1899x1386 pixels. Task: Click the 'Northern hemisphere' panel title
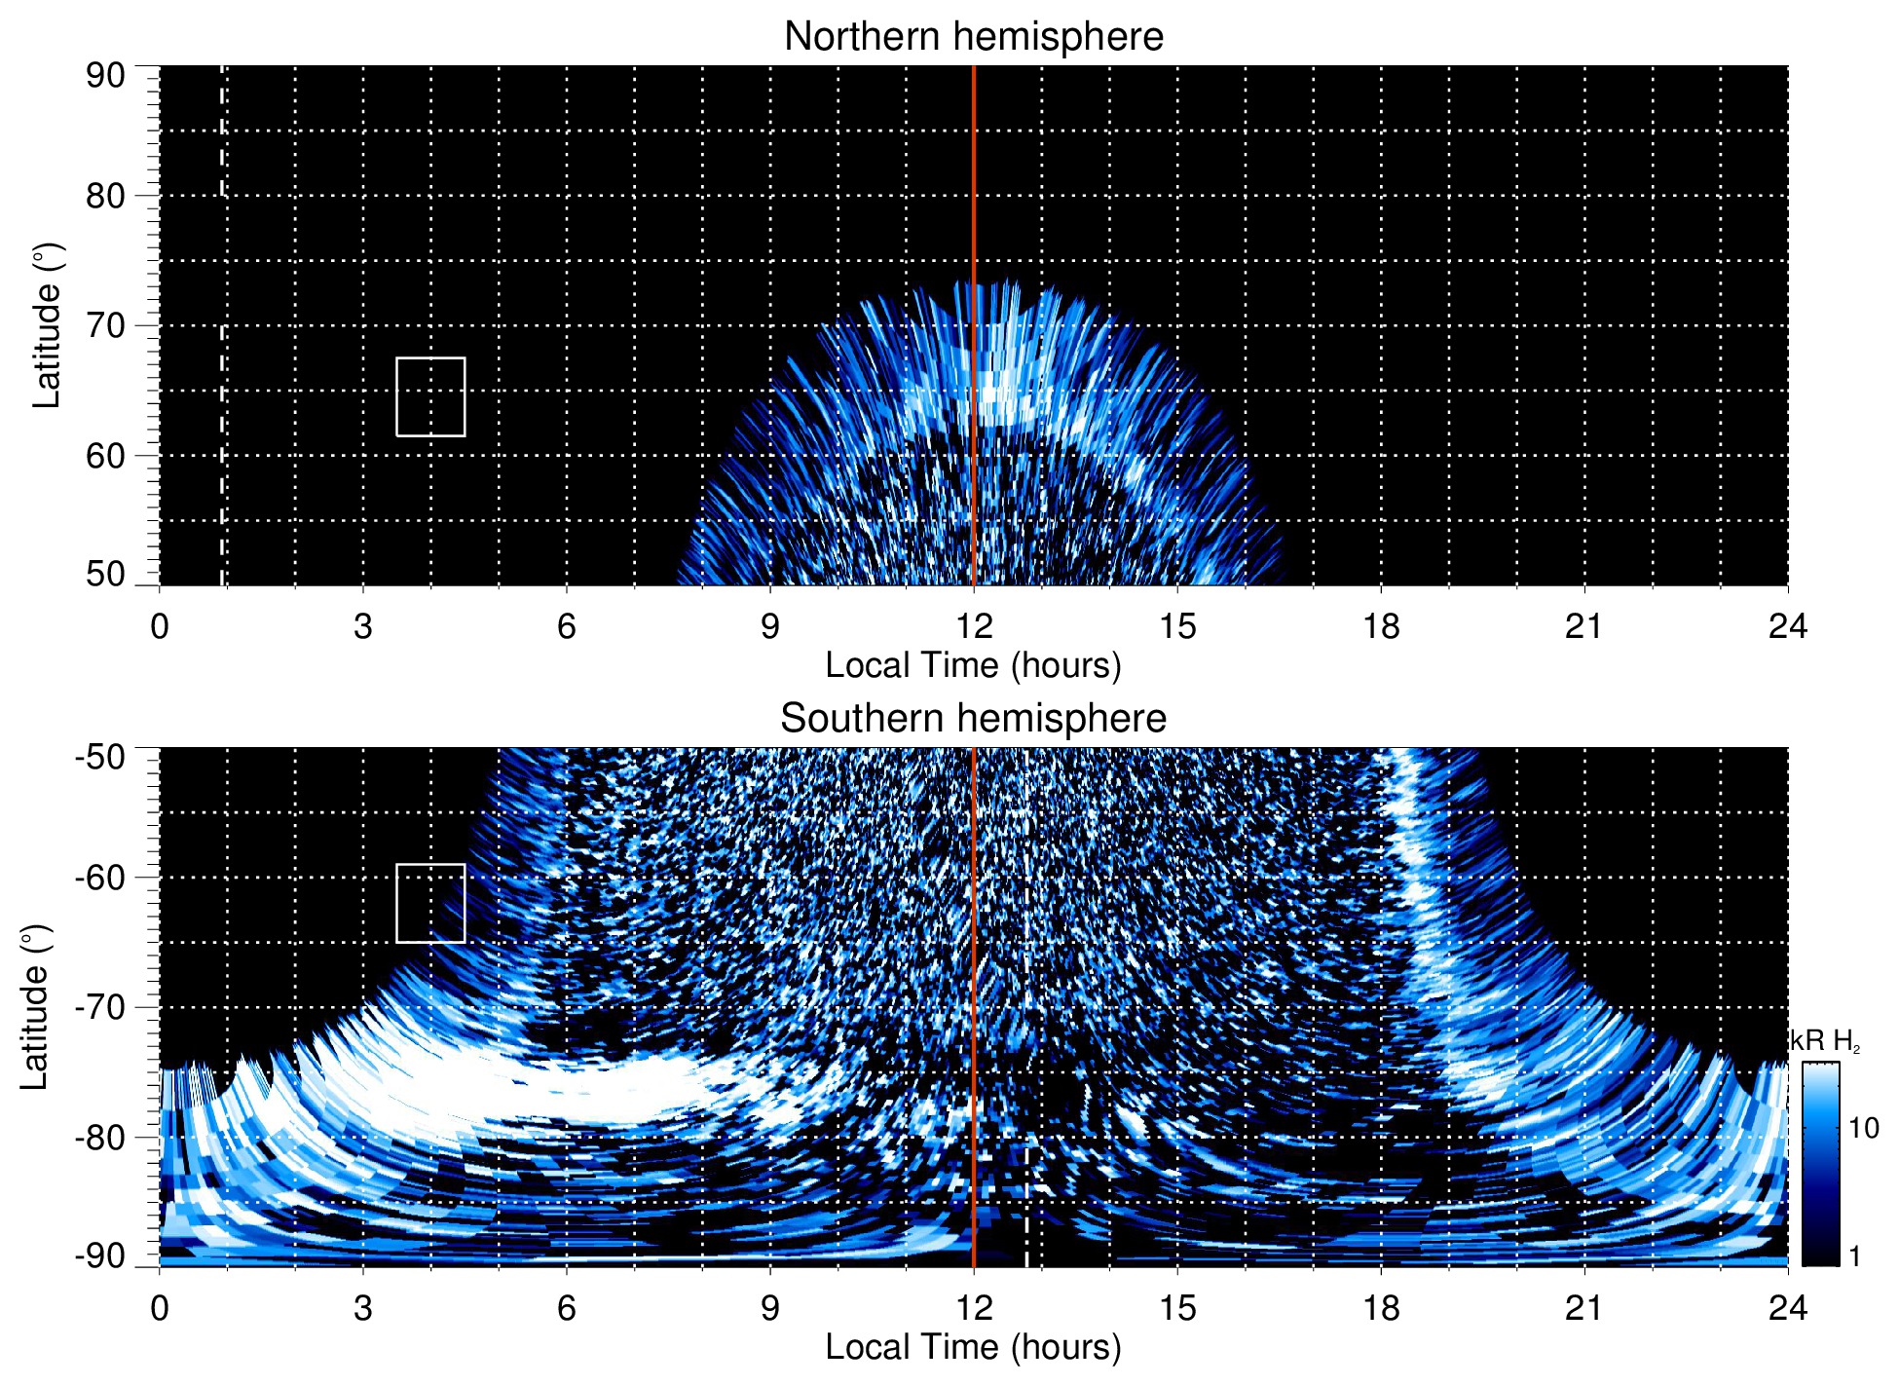click(973, 37)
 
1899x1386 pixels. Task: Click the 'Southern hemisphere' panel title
click(973, 719)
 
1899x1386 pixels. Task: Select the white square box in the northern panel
click(430, 397)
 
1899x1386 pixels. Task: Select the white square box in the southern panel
click(430, 903)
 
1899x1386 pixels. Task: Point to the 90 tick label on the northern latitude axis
click(105, 76)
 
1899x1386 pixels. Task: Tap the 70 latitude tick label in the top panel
click(105, 325)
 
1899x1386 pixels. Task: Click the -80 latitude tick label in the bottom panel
click(99, 1137)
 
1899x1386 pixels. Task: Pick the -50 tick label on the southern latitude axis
click(99, 757)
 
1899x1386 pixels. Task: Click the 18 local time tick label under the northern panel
click(1381, 626)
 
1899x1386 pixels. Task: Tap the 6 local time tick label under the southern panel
click(567, 1308)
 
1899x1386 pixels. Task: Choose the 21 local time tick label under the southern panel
click(1584, 1308)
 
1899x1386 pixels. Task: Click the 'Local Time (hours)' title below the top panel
click(973, 666)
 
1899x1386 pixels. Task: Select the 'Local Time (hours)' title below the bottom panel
click(973, 1348)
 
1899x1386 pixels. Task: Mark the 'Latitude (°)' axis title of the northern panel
click(47, 325)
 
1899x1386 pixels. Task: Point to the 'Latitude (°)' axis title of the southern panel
click(35, 1007)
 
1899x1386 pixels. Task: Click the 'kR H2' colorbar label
click(1825, 1041)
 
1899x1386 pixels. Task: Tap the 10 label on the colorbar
click(1863, 1129)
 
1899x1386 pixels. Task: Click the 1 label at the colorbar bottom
click(1854, 1256)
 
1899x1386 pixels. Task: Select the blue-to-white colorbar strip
click(1820, 1164)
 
